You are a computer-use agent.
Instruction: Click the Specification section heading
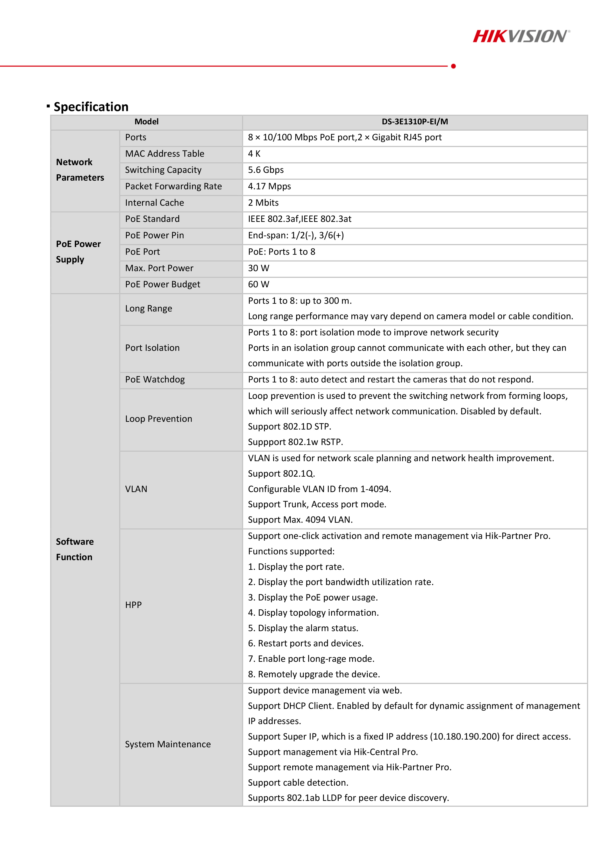tap(91, 107)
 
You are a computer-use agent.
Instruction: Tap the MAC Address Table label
tap(165, 154)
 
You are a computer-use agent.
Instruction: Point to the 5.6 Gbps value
tap(266, 170)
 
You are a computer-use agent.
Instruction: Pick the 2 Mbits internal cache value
tap(263, 203)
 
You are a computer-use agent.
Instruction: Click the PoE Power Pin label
tap(154, 235)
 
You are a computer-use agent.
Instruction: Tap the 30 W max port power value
tap(259, 268)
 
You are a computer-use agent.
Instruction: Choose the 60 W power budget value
tap(259, 284)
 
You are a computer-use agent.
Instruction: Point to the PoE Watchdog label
tap(155, 380)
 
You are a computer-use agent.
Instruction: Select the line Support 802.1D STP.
tap(289, 427)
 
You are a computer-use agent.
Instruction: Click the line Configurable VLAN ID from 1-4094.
tap(319, 489)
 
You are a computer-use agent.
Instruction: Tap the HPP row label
tap(133, 605)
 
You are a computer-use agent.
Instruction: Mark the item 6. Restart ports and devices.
tap(306, 643)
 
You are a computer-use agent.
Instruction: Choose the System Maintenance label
tap(168, 744)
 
